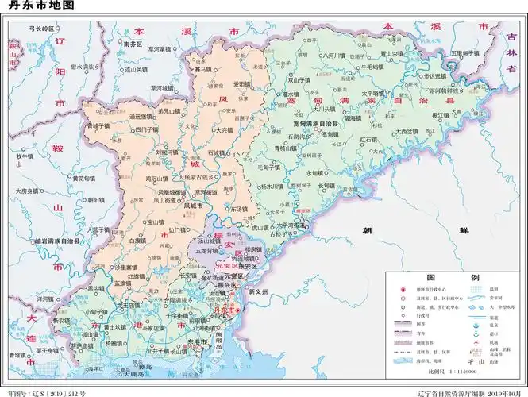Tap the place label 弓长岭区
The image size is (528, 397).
click(x=40, y=28)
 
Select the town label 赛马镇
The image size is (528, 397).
click(x=204, y=69)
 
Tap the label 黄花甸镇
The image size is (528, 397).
click(x=82, y=179)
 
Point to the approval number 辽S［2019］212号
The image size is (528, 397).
click(x=48, y=392)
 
